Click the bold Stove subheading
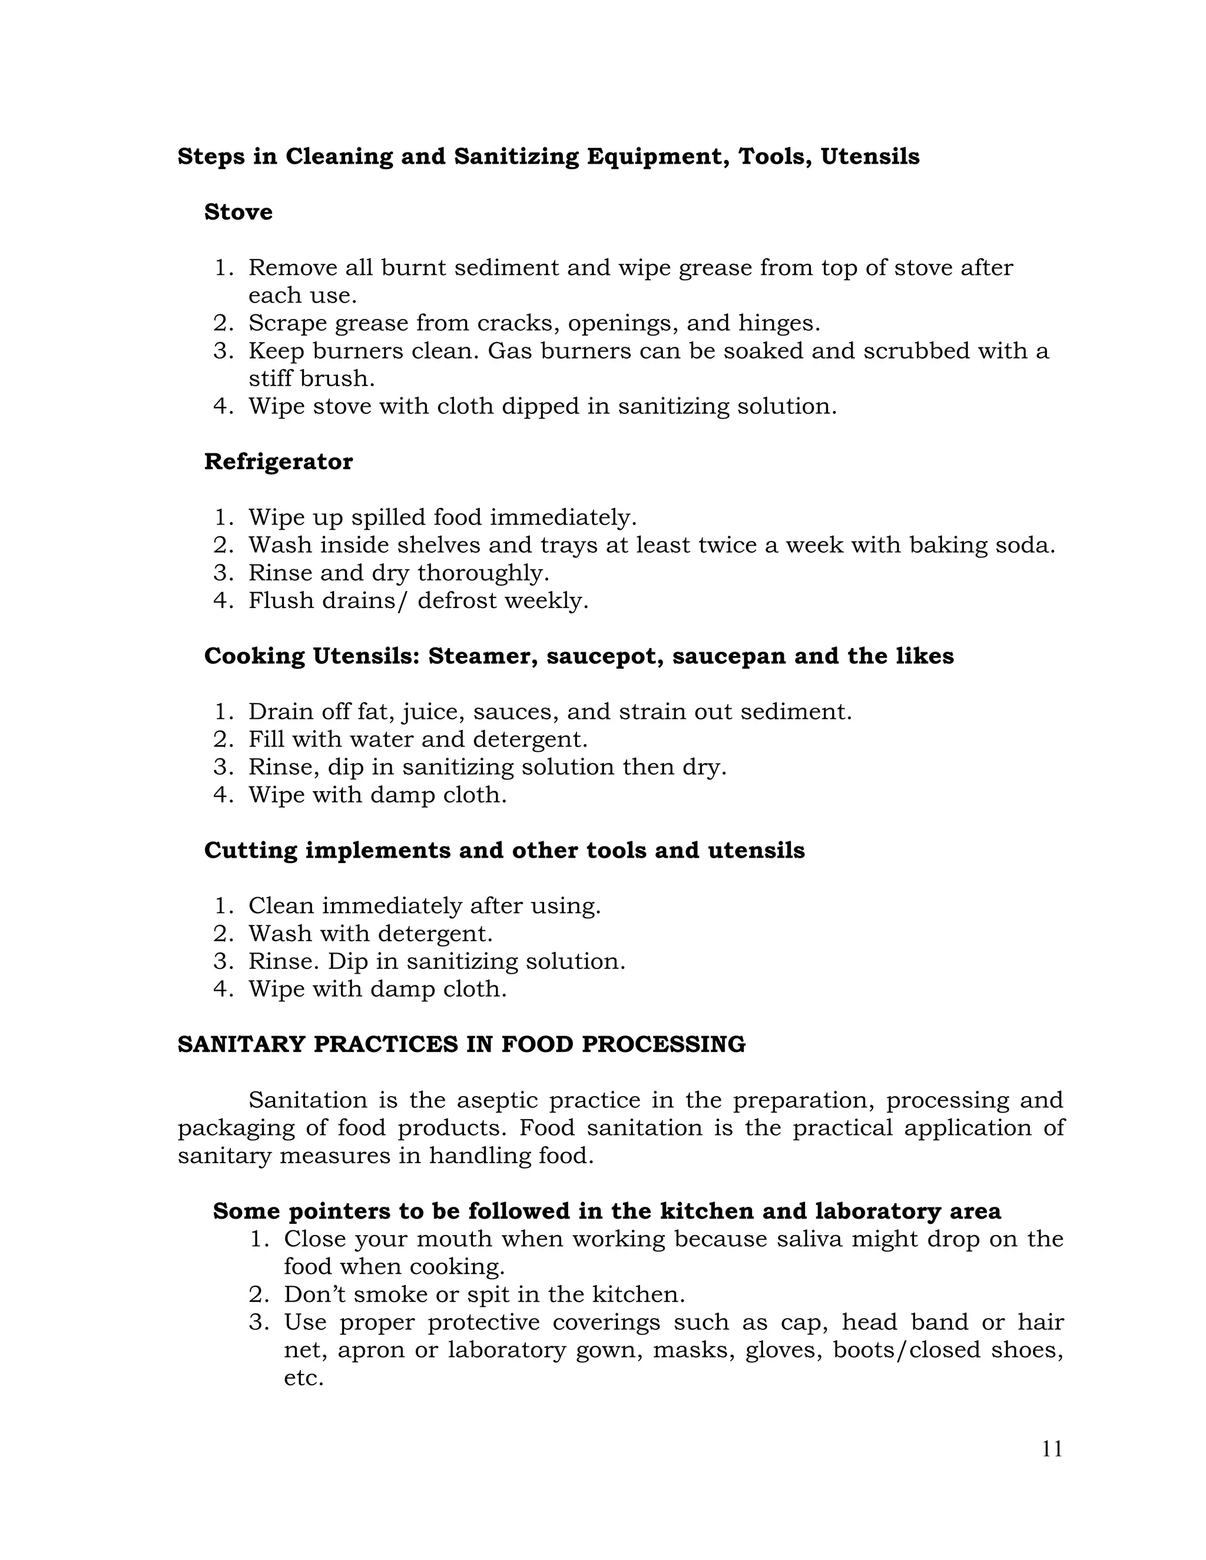point(238,212)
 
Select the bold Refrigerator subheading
point(278,462)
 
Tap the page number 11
point(1052,1449)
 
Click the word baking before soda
point(947,545)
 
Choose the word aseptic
point(497,1100)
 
